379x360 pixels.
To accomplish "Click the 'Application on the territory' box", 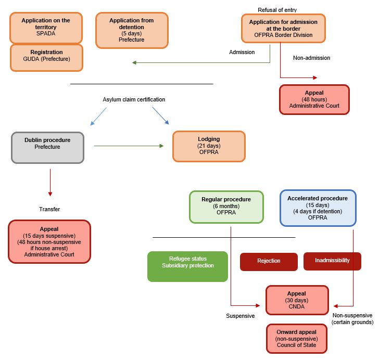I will click(46, 28).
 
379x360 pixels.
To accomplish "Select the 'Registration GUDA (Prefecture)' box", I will click(46, 57).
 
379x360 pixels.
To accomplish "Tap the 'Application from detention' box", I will click(132, 30).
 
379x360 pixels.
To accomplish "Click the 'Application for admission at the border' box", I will click(283, 28).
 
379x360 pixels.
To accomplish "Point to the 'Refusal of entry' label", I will click(277, 10).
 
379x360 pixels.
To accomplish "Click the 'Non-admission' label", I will click(311, 58).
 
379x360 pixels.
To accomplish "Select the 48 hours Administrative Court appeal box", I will click(314, 99).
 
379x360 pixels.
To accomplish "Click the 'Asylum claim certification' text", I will click(134, 99).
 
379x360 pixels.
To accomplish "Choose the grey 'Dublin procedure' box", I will click(47, 147).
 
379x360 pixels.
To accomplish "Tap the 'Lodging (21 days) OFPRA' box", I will click(209, 146).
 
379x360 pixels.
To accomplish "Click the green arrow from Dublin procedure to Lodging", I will click(129, 146).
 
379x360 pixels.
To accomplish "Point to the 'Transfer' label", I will click(49, 209).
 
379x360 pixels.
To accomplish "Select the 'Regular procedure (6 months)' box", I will click(226, 207).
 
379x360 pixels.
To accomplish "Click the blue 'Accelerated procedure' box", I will click(318, 208).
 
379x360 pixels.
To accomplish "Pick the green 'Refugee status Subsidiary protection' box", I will click(187, 266).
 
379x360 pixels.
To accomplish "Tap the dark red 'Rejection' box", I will click(269, 261).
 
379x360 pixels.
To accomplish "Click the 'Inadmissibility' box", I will click(332, 261).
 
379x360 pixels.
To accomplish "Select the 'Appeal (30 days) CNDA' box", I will click(297, 300).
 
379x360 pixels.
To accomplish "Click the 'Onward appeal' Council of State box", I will click(297, 338).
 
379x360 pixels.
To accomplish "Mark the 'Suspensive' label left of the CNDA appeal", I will click(240, 316).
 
